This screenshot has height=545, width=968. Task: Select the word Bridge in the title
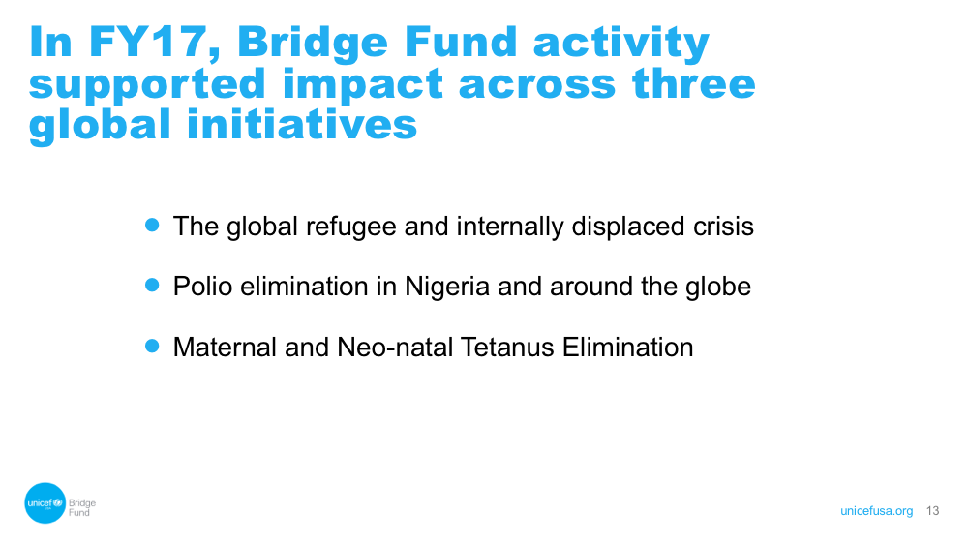click(x=313, y=42)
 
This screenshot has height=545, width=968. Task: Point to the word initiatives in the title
click(x=302, y=124)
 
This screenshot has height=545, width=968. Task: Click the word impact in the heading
click(x=362, y=84)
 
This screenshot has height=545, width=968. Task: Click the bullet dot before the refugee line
click(x=152, y=225)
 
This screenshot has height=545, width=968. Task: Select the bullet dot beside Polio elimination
click(x=152, y=285)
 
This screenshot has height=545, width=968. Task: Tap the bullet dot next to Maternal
click(x=152, y=346)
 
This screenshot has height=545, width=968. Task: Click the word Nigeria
click(x=447, y=287)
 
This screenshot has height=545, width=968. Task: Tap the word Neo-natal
click(x=395, y=347)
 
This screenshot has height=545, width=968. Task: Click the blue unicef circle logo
click(x=45, y=503)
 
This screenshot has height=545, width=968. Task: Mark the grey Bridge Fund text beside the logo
click(x=82, y=507)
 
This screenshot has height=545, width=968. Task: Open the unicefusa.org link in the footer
click(x=877, y=511)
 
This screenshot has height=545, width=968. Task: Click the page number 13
click(x=933, y=510)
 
